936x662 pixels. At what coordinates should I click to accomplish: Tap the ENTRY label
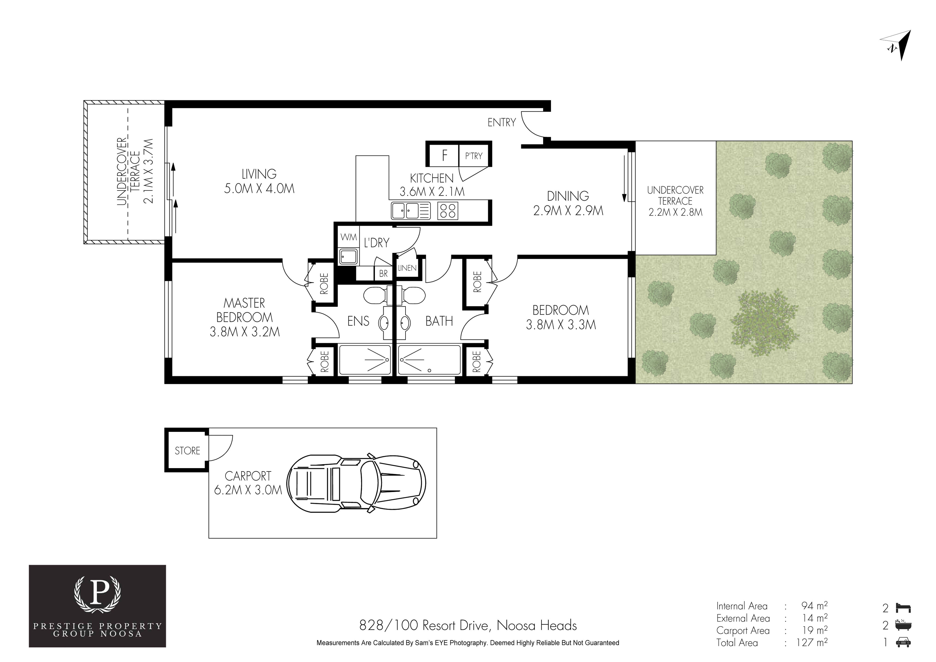pos(501,122)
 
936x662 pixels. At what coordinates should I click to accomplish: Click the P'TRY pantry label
pos(474,156)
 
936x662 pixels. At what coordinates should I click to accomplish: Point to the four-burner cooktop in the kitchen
pos(448,211)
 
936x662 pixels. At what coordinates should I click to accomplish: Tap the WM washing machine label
pos(349,237)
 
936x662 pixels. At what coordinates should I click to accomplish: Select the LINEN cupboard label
pos(407,268)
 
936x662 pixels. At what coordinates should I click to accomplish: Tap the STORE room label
pos(187,451)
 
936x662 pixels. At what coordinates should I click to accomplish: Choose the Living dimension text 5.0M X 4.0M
pos(259,189)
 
